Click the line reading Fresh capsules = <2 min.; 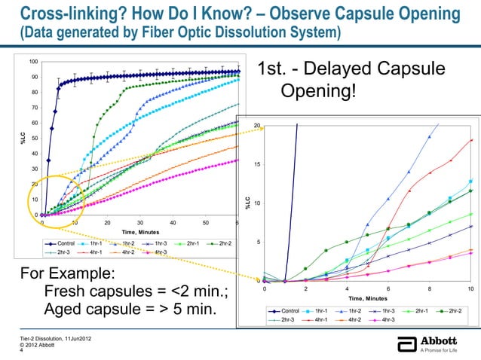[137, 291]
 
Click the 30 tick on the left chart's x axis [140, 223]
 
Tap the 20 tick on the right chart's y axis [257, 125]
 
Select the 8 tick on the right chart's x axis [429, 289]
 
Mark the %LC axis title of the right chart [247, 202]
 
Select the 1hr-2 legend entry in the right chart [358, 310]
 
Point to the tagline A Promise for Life [441, 350]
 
